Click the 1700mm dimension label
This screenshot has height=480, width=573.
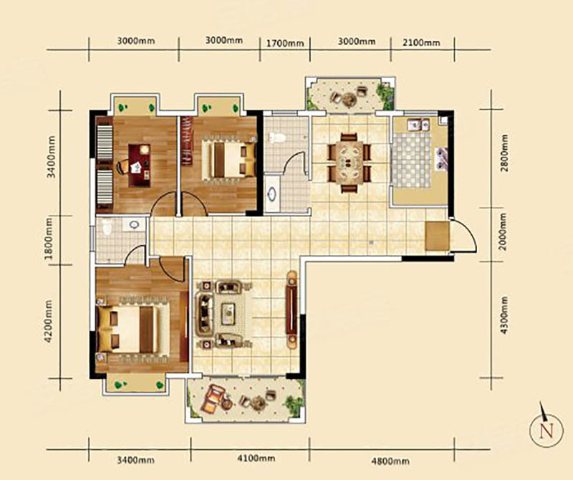tap(284, 44)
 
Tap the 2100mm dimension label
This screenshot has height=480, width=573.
tap(421, 42)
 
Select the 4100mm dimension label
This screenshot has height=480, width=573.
tap(256, 458)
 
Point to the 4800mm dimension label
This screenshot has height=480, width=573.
tap(390, 461)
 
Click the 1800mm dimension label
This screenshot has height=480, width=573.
tap(49, 238)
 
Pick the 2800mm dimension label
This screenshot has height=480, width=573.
tap(504, 153)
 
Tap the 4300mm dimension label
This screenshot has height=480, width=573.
tap(504, 315)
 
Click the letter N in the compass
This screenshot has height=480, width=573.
tap(546, 431)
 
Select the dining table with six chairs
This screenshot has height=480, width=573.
tap(350, 163)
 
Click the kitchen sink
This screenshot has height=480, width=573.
tap(419, 125)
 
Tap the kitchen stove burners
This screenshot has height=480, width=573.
tap(441, 158)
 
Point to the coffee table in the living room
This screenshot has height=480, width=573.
tap(228, 314)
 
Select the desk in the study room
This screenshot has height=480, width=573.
tap(139, 165)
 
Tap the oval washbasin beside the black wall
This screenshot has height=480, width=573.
tap(272, 193)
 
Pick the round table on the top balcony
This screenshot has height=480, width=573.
tap(348, 98)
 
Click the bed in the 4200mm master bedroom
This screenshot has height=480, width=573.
tap(133, 329)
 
